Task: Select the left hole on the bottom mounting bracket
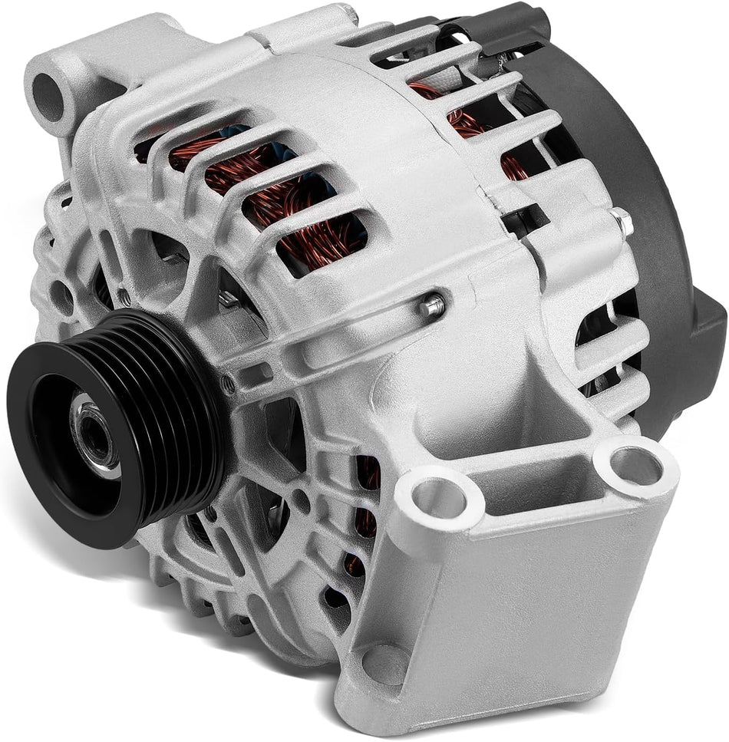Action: coord(438,500)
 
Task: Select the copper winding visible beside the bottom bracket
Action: coord(368,499)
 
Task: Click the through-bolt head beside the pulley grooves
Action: coord(228,381)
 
